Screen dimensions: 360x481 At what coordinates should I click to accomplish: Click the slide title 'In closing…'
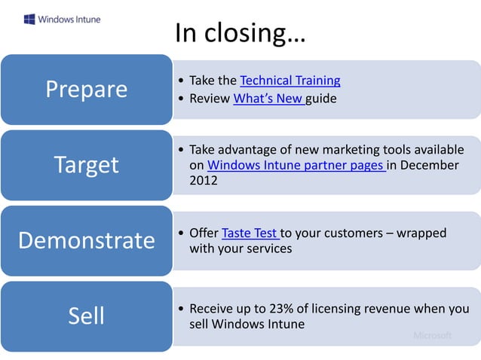pyautogui.click(x=240, y=32)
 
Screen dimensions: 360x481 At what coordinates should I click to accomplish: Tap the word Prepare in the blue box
pyautogui.click(x=87, y=89)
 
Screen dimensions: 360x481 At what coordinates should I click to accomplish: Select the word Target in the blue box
pyautogui.click(x=87, y=164)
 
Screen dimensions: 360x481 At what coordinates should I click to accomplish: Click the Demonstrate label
pyautogui.click(x=87, y=240)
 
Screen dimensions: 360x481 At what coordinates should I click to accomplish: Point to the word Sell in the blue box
pyautogui.click(x=87, y=316)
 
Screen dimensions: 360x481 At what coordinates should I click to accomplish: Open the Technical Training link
pyautogui.click(x=290, y=81)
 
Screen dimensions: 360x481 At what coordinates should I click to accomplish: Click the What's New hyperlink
pyautogui.click(x=268, y=99)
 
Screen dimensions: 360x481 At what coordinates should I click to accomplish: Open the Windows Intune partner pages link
pyautogui.click(x=296, y=165)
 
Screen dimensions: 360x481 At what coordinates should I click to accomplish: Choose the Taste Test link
pyautogui.click(x=250, y=233)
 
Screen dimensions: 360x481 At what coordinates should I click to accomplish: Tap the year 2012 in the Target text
pyautogui.click(x=204, y=181)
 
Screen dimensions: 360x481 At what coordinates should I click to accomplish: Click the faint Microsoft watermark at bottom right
pyautogui.click(x=432, y=335)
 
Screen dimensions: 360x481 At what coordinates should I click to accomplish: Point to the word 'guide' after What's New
pyautogui.click(x=321, y=99)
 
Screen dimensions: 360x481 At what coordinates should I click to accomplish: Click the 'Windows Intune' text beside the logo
pyautogui.click(x=69, y=19)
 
